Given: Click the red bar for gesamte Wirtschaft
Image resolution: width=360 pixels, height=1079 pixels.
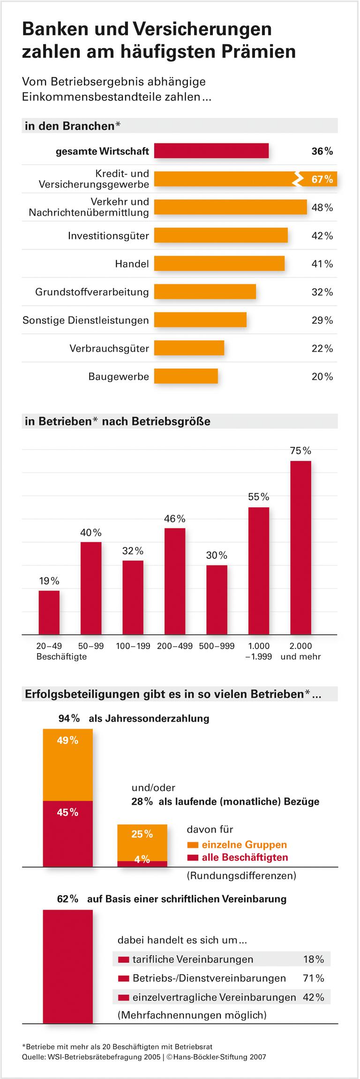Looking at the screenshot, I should (211, 151).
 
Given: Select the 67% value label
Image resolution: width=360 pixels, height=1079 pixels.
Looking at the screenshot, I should (322, 179).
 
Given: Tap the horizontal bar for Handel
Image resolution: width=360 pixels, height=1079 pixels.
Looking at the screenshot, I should (219, 264).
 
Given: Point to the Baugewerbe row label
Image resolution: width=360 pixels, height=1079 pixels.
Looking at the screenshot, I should (119, 377).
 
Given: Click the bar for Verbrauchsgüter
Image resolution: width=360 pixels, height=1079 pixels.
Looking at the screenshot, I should (189, 348).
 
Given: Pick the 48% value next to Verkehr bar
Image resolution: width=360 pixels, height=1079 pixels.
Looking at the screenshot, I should (322, 207).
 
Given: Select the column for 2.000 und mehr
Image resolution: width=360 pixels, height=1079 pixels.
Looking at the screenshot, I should (300, 547).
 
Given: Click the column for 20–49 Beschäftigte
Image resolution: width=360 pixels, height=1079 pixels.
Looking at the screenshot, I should (49, 612).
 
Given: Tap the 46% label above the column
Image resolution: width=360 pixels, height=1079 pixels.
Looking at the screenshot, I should (174, 519).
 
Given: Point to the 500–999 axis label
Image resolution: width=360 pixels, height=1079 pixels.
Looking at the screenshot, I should (217, 646).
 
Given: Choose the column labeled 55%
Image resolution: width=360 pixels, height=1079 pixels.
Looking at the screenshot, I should (259, 571).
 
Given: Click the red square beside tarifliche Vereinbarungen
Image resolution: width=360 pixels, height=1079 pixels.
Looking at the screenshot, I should (124, 959).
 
